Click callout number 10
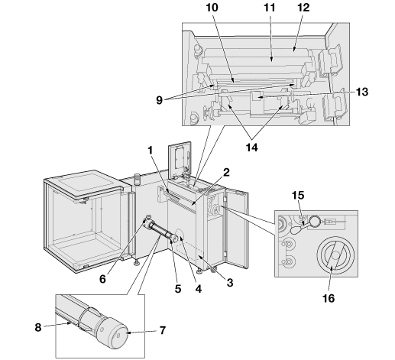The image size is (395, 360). pyautogui.click(x=212, y=8)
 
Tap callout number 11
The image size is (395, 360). pyautogui.click(x=270, y=8)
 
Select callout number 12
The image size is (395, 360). pyautogui.click(x=303, y=8)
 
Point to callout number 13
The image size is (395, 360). pyautogui.click(x=362, y=92)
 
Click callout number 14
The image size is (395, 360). pyautogui.click(x=252, y=148)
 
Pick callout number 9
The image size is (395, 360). pyautogui.click(x=159, y=100)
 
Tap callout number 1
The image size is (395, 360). pyautogui.click(x=151, y=151)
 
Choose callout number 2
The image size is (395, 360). pyautogui.click(x=226, y=173)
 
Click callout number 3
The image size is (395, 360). pyautogui.click(x=230, y=283)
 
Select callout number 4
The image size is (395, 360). pyautogui.click(x=199, y=289)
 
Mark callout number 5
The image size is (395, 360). pyautogui.click(x=178, y=289)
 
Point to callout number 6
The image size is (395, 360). pyautogui.click(x=102, y=279)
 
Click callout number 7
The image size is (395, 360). pyautogui.click(x=163, y=330)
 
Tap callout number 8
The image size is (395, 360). pyautogui.click(x=38, y=327)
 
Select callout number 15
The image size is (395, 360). pyautogui.click(x=298, y=196)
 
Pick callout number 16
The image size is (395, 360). pyautogui.click(x=329, y=298)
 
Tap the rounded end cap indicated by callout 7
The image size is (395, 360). pyautogui.click(x=118, y=333)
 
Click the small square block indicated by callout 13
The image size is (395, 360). pyautogui.click(x=256, y=96)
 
